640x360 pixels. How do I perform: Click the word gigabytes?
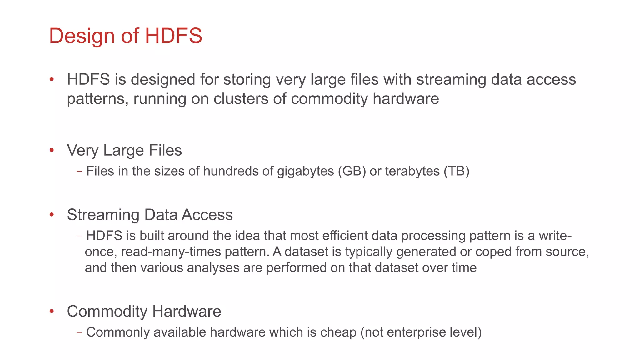(x=305, y=171)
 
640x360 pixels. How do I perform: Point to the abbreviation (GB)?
(x=352, y=171)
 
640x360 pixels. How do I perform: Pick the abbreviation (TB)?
(x=456, y=171)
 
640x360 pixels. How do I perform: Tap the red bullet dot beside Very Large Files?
(x=52, y=150)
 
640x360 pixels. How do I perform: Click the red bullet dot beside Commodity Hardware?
(x=52, y=311)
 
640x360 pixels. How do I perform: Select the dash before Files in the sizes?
(x=79, y=171)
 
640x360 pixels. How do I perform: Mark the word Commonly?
(x=118, y=332)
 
